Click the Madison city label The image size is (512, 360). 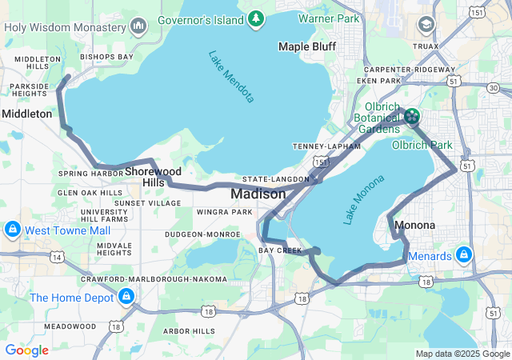pos(258,194)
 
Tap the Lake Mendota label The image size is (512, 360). pos(231,77)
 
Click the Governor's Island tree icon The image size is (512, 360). pos(255,18)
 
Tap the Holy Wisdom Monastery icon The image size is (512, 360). pos(138,26)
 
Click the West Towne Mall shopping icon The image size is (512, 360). pos(12,230)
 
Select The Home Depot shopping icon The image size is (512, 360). pos(125,298)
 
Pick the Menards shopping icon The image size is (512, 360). pos(463,256)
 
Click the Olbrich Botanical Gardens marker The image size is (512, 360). pos(411,118)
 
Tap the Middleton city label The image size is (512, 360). pos(26,114)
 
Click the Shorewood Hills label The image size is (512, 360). pos(153,177)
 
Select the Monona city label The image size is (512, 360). pos(415,225)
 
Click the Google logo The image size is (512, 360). pos(26,350)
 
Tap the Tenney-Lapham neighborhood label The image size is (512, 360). pos(321,146)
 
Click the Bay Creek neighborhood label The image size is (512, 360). pos(280,250)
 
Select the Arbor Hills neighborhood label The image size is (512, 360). pos(189,330)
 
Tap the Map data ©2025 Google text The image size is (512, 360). pos(462,354)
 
